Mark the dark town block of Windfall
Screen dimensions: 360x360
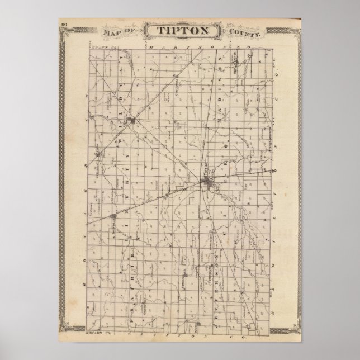pyautogui.click(x=132, y=120)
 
